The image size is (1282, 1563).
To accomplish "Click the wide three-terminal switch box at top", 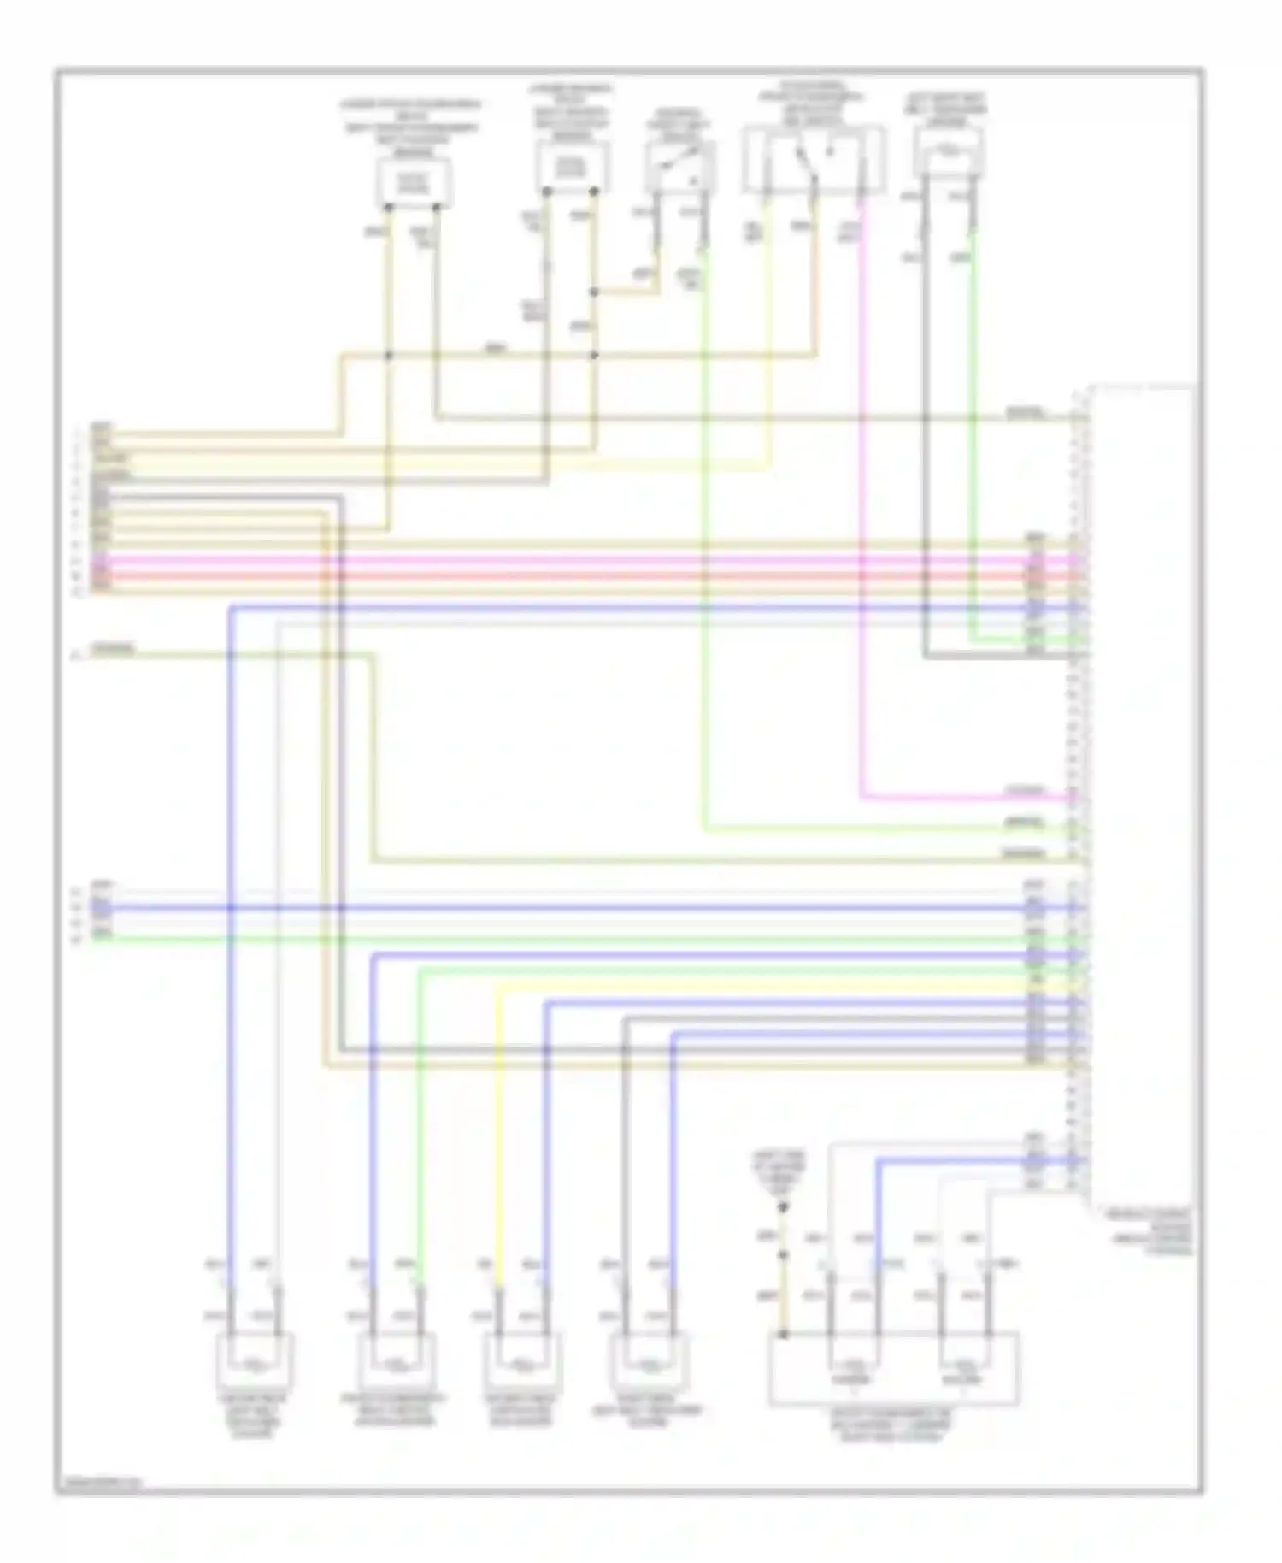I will pyautogui.click(x=813, y=160).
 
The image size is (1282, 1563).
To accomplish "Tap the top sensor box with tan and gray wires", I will pyautogui.click(x=573, y=168).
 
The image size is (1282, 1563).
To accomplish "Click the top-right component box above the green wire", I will pyautogui.click(x=948, y=154).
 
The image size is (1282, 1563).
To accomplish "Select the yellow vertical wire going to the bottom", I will pyautogui.click(x=498, y=1129).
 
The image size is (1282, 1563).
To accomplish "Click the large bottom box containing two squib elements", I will pyautogui.click(x=894, y=1368).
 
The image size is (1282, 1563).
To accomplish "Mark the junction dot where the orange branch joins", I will pyautogui.click(x=595, y=292).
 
